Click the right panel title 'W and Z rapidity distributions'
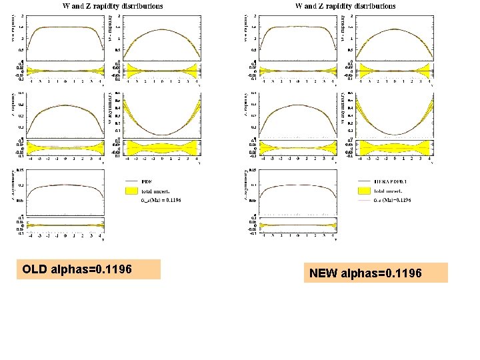pos(345,6)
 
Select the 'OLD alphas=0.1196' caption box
pos(89,269)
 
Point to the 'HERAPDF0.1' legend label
pos(391,181)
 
